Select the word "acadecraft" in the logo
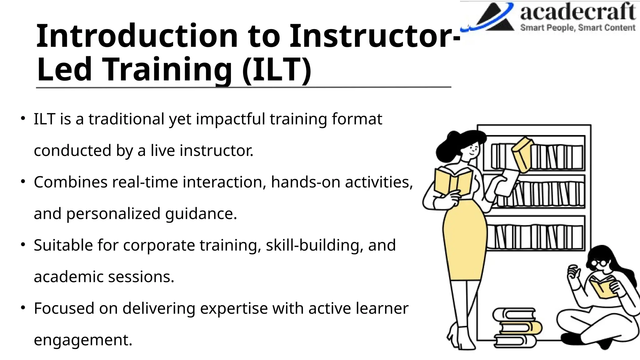tap(578, 12)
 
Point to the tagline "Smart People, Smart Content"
tap(578, 28)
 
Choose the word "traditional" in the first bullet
tap(126, 119)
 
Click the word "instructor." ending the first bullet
tap(216, 151)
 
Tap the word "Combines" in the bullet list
tap(71, 182)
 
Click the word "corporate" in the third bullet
tap(159, 245)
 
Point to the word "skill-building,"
tap(314, 245)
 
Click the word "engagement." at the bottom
tap(83, 340)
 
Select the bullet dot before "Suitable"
tap(23, 245)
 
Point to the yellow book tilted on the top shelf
tap(522, 155)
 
